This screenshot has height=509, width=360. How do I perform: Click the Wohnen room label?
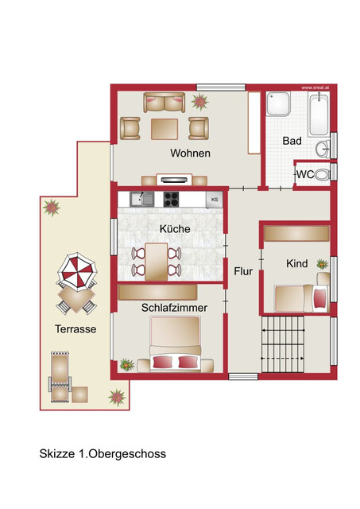[x=191, y=153]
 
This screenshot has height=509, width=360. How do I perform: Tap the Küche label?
[x=175, y=228]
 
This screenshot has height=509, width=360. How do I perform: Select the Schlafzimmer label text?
[x=174, y=308]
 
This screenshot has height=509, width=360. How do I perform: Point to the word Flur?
[x=243, y=271]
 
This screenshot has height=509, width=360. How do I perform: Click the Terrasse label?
[x=75, y=328]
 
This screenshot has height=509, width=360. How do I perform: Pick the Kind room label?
[x=296, y=263]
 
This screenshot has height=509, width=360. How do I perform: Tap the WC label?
[x=305, y=174]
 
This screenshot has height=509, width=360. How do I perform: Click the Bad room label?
[x=292, y=141]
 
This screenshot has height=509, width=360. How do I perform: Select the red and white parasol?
[x=77, y=270]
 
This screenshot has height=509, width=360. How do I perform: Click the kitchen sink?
[x=142, y=199]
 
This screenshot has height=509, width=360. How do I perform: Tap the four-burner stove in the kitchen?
[x=171, y=199]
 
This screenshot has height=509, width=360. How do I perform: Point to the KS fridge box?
[x=215, y=200]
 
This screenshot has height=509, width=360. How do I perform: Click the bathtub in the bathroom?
[x=319, y=115]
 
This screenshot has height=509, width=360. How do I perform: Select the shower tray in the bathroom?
[x=278, y=104]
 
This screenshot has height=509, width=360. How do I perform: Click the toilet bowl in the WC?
[x=322, y=175]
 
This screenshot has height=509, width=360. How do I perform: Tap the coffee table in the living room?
[x=165, y=129]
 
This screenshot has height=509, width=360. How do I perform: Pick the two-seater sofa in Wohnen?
[x=165, y=103]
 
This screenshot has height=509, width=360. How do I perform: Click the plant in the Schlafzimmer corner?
[x=127, y=365]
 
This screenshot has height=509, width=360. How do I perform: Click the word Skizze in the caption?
[x=57, y=453]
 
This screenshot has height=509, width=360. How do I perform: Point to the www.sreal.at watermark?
[x=315, y=87]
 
